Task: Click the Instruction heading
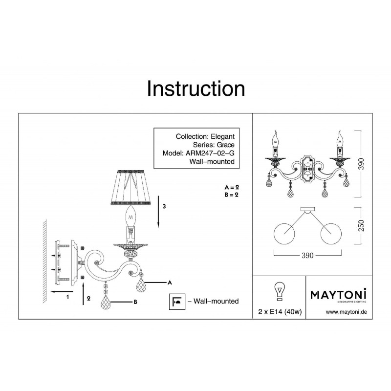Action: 196,88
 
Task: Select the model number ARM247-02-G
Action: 210,153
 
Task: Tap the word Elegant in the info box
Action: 223,136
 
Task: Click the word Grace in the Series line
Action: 225,145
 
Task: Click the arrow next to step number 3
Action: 158,212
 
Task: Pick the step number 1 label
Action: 67,297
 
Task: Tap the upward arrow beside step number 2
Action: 83,294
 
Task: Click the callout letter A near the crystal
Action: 170,282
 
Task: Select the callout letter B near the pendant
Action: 135,302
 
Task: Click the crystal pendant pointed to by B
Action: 106,303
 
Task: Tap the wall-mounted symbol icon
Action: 177,302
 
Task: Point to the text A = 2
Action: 232,187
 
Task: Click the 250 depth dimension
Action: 361,226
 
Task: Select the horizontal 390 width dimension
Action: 307,255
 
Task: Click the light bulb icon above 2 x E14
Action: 280,291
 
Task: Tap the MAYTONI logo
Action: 339,295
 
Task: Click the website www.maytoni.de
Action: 347,312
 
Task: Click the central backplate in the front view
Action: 307,170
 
